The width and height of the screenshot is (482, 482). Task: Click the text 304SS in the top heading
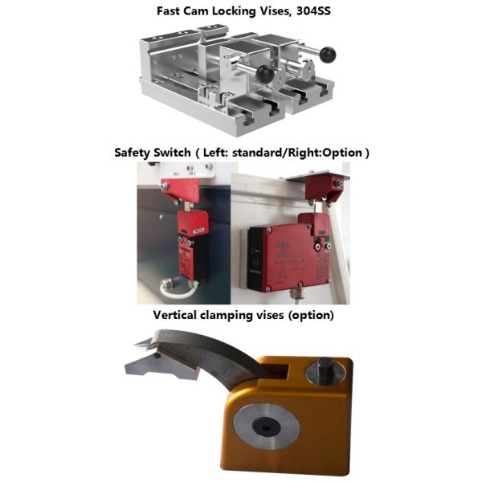tap(313, 11)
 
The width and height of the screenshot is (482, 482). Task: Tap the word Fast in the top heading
tap(168, 11)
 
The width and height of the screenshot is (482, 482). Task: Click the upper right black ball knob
tap(328, 55)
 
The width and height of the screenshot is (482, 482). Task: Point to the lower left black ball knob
tap(264, 73)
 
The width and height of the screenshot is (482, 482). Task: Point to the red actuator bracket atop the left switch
tap(180, 189)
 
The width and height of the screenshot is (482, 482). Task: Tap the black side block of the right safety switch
tap(255, 258)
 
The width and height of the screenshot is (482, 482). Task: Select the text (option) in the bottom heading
tap(311, 316)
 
